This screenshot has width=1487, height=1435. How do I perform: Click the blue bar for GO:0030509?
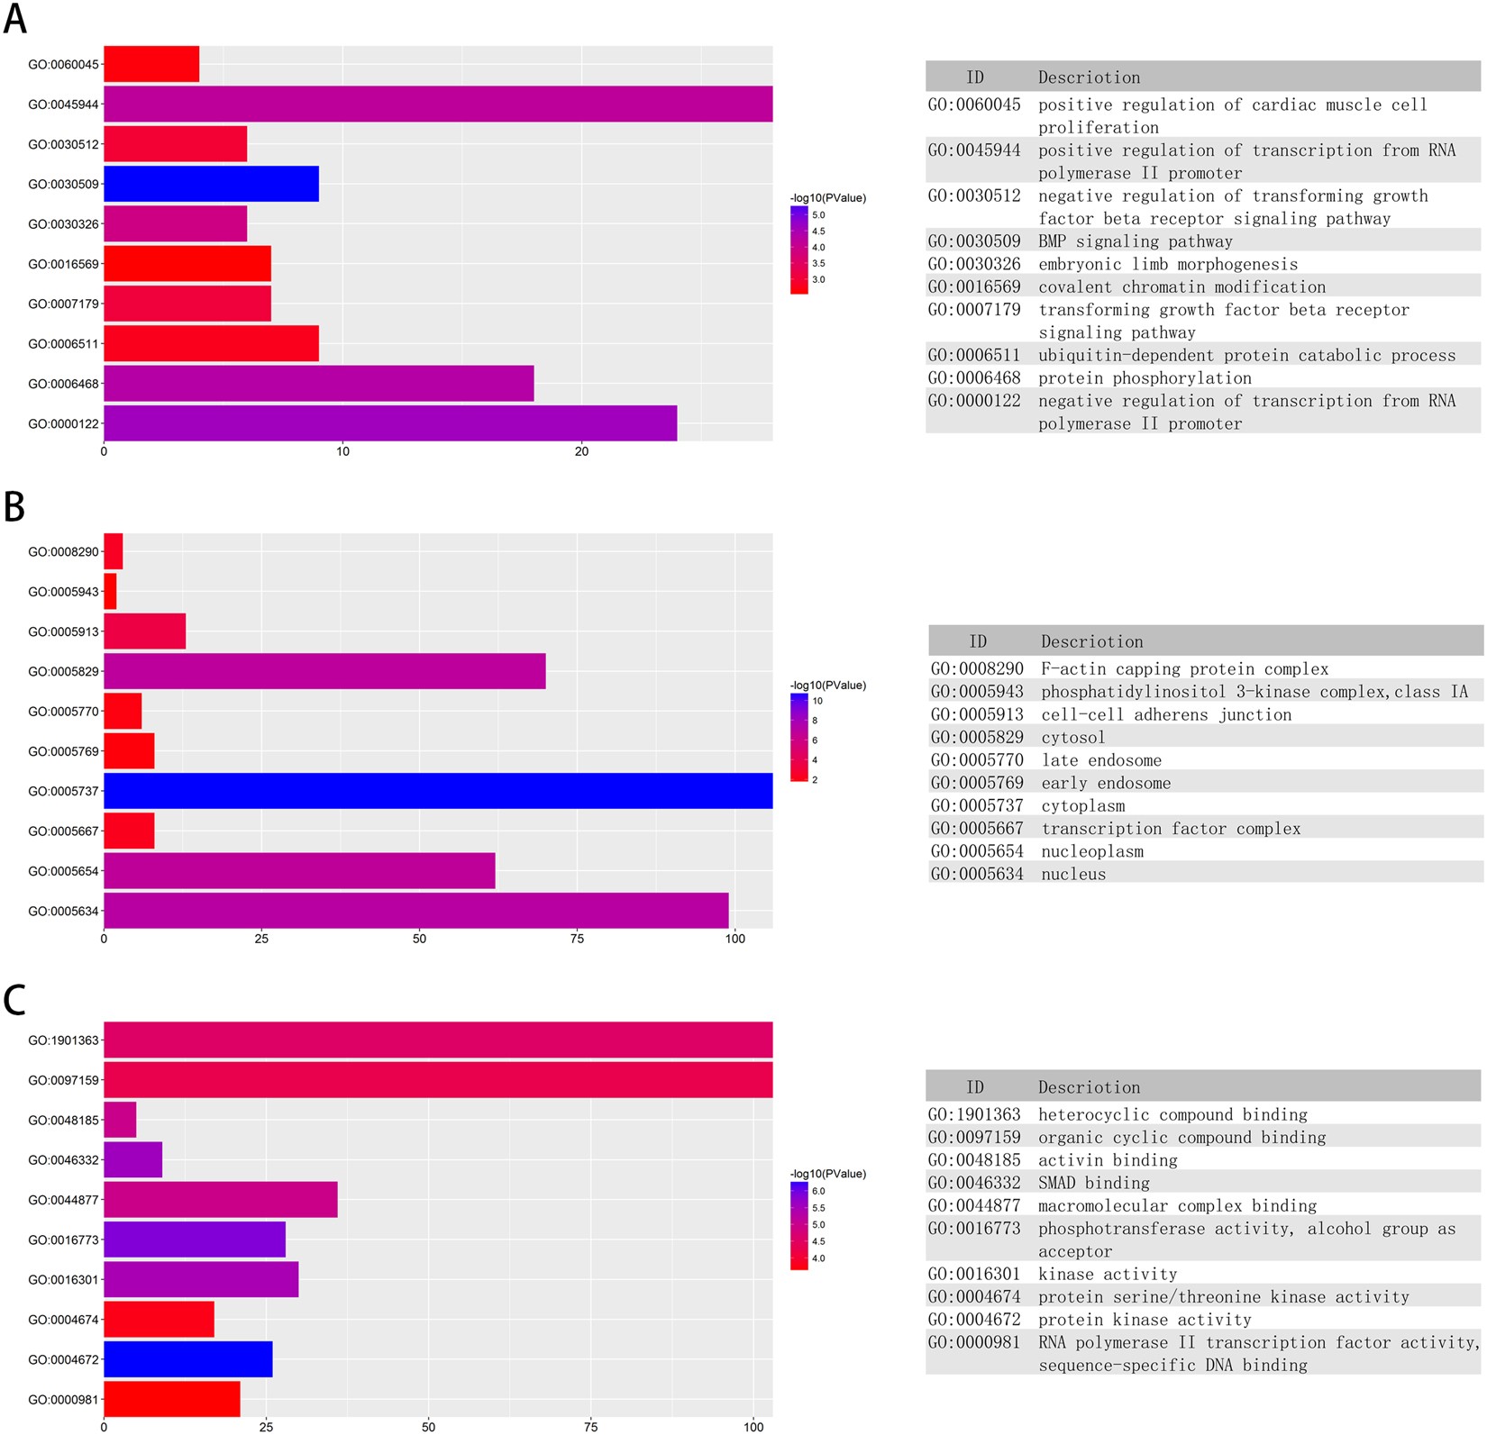(x=211, y=184)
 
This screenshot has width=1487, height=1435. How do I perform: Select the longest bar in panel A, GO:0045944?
(x=438, y=104)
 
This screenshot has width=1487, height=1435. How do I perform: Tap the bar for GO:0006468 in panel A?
(x=318, y=383)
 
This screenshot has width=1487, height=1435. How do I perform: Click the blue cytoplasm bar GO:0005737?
(x=438, y=790)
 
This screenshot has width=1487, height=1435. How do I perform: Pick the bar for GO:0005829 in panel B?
(x=324, y=671)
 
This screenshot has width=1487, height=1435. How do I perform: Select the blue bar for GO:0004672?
(x=187, y=1359)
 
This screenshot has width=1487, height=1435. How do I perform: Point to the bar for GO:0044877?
(x=221, y=1200)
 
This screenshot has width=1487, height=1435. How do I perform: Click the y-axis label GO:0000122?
(x=63, y=423)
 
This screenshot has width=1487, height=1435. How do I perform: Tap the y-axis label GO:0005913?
(x=63, y=631)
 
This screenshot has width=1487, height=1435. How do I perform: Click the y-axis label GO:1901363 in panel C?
(x=63, y=1040)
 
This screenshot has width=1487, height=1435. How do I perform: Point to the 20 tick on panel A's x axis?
(x=581, y=451)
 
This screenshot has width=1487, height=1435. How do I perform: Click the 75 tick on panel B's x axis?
(x=577, y=939)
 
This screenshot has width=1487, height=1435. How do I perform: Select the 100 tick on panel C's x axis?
(x=753, y=1427)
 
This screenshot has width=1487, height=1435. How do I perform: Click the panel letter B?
(x=14, y=507)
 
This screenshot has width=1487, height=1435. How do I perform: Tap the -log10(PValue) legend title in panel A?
(x=827, y=198)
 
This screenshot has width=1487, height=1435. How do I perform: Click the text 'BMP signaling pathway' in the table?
(x=1135, y=241)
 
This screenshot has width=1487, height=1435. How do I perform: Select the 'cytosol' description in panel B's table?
(x=1072, y=738)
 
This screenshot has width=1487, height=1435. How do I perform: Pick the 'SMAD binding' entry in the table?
(x=1093, y=1183)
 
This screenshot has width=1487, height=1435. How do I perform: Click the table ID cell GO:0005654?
(x=977, y=851)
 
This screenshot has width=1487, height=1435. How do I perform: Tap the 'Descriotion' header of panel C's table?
(x=1089, y=1087)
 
